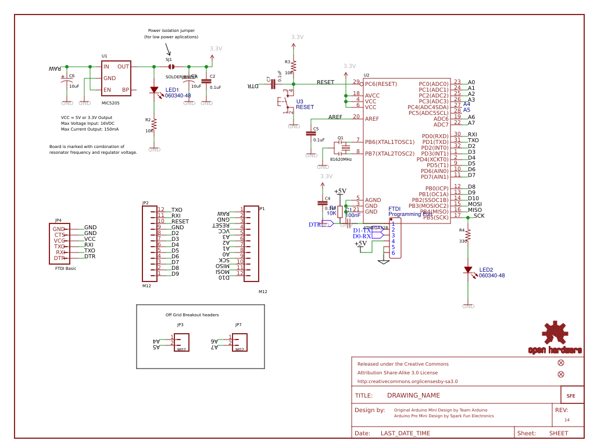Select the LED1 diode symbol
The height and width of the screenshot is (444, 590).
tap(154, 90)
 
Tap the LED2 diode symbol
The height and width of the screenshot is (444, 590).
tap(468, 270)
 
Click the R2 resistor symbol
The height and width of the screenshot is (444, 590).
tap(154, 125)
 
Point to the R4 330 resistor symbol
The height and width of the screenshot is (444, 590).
tap(468, 234)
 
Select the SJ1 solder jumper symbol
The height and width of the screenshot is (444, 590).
tap(171, 67)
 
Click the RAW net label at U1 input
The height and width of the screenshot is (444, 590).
tap(55, 69)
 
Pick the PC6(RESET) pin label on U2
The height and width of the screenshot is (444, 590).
tap(381, 84)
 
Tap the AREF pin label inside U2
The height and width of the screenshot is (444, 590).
tap(372, 119)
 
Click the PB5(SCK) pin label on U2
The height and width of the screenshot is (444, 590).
tap(435, 218)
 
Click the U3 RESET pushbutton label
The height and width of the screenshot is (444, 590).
tap(305, 104)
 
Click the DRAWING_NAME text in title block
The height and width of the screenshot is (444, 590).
tap(413, 396)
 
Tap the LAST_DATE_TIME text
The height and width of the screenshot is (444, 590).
tap(405, 434)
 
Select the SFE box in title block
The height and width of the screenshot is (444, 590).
tap(571, 396)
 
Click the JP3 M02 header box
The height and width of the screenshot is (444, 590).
tap(181, 342)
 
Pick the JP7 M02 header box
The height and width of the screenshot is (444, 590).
tap(239, 342)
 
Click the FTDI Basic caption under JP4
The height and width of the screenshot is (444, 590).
tap(66, 269)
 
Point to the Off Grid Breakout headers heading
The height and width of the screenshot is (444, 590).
tap(192, 315)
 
